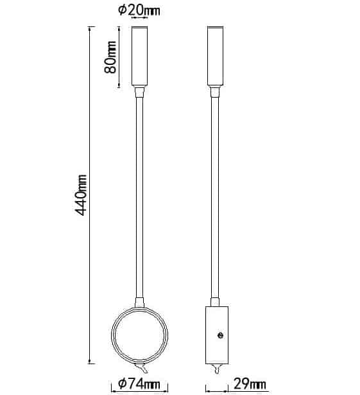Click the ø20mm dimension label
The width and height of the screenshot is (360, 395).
pos(139,10)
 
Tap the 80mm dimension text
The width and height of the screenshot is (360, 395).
pos(110,57)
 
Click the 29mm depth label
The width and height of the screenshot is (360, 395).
pos(248,384)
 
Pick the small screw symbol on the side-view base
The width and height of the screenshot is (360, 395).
pos(220,335)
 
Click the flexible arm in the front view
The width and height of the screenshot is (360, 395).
pos(139,193)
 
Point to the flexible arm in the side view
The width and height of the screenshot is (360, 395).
pos(215,193)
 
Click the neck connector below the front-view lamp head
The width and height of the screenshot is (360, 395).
pos(139,93)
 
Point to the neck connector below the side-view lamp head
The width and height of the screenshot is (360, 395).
pos(215,93)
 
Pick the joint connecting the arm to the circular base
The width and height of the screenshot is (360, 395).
pos(139,303)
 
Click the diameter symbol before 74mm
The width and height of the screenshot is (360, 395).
pos(122,384)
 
